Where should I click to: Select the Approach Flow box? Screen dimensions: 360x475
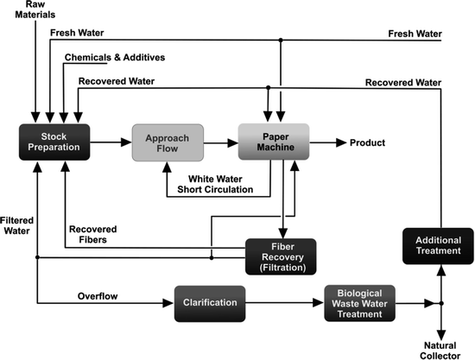point(168,142)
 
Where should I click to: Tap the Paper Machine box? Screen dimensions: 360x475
point(274,142)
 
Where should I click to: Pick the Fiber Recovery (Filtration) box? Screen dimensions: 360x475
point(282,256)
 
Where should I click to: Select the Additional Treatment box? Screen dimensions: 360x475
point(438,245)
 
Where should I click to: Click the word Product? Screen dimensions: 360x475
point(369,142)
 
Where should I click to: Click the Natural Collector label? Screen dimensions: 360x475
point(440,348)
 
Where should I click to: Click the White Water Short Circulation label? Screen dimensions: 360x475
point(215,184)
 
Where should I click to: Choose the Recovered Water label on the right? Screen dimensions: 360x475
point(402,82)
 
